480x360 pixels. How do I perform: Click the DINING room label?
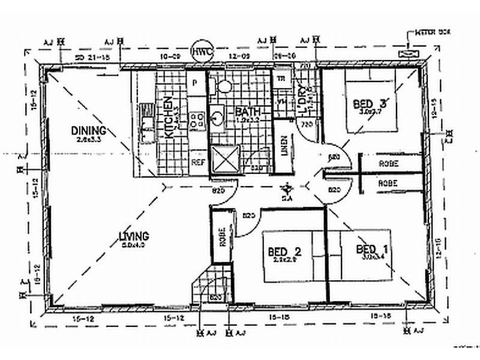(x=88, y=130)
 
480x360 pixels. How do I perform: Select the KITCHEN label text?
(x=169, y=118)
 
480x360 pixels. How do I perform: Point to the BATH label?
(x=246, y=112)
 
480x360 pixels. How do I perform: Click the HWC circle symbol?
(x=200, y=52)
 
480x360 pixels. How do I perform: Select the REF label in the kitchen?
(x=197, y=162)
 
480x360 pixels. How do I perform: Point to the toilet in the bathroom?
(x=224, y=85)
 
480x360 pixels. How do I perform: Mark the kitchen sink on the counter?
(x=146, y=120)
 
